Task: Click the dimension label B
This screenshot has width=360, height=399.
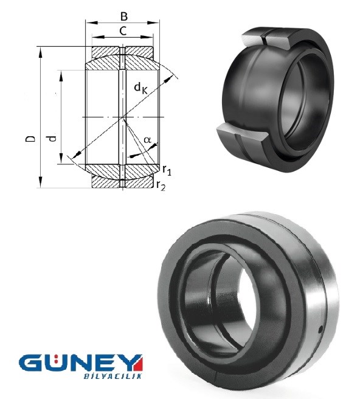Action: point(124,16)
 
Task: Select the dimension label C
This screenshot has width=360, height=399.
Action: point(123,31)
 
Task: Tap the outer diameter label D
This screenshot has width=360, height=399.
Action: point(30,139)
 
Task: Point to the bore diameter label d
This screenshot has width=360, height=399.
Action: point(52,138)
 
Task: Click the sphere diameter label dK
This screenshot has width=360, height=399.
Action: point(140,88)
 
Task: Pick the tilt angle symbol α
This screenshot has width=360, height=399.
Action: point(147,140)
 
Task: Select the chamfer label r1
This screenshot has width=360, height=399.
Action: point(167,170)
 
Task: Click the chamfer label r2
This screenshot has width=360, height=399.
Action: point(161,186)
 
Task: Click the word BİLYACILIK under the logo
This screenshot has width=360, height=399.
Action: point(112,376)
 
